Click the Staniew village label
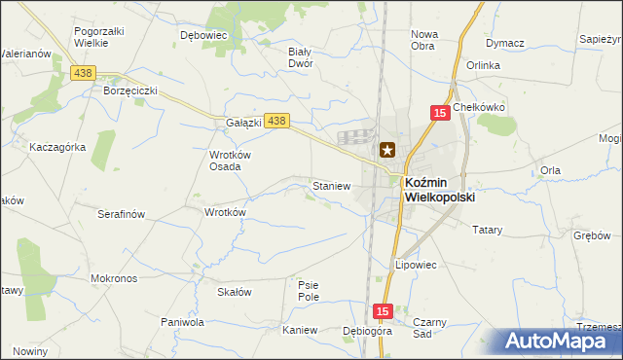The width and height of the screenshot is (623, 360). [x=330, y=185]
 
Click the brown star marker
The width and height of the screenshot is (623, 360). [x=387, y=150]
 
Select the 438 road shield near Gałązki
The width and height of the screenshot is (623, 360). [x=277, y=121]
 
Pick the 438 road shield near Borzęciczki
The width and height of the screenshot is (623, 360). [x=84, y=73]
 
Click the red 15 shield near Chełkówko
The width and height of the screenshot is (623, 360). [x=440, y=114]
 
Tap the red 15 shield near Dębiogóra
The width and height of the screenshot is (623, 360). [x=383, y=311]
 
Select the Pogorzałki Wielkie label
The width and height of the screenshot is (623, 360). [x=99, y=38]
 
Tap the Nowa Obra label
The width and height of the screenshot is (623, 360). [x=423, y=40]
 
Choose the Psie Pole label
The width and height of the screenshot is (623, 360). [x=309, y=291]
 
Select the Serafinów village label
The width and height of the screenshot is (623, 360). [x=122, y=213]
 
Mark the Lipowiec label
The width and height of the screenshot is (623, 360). [x=416, y=265]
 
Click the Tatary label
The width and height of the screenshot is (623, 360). [x=487, y=231]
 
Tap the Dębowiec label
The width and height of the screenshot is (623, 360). [x=203, y=34]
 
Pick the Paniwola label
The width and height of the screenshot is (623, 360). [x=182, y=321]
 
